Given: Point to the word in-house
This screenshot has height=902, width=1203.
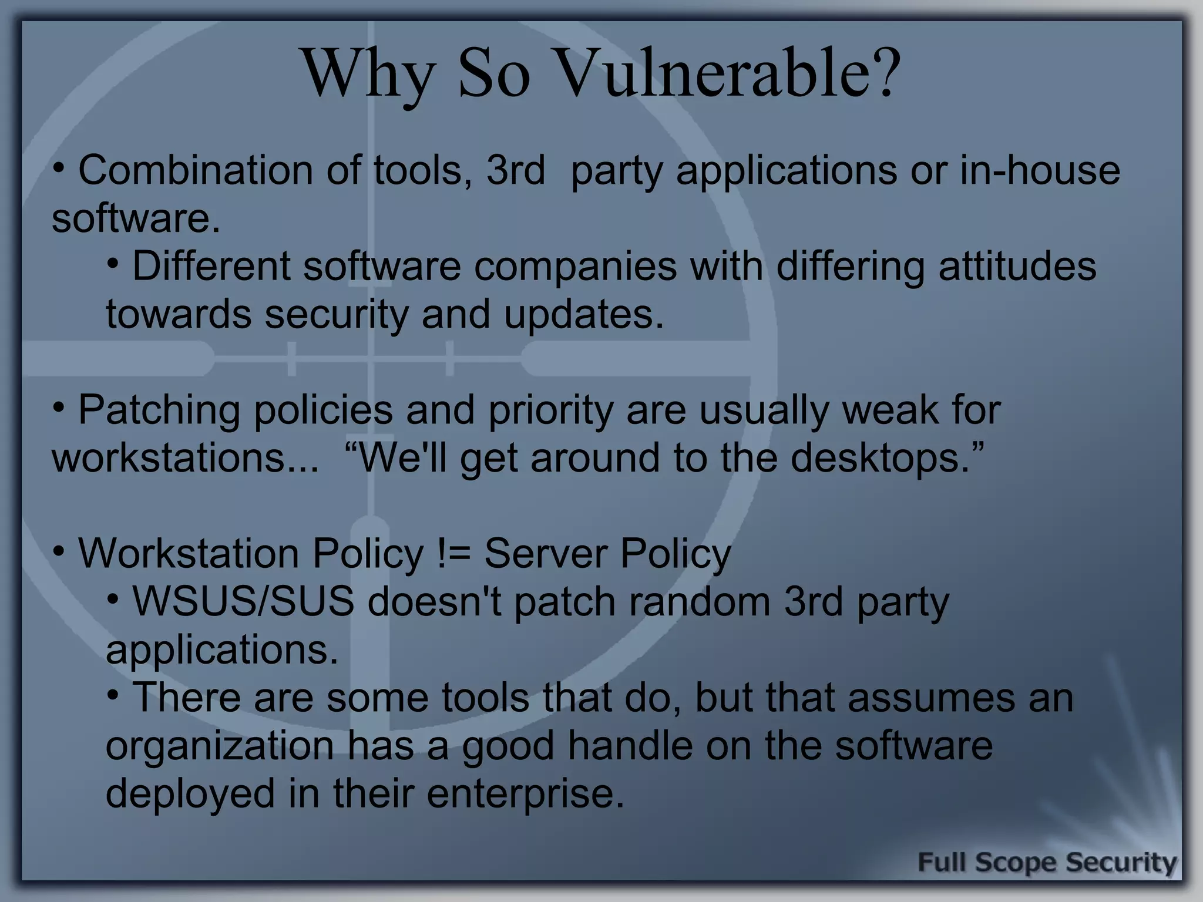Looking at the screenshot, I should tap(1040, 170).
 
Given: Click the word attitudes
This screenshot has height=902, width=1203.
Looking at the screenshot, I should tap(1017, 266).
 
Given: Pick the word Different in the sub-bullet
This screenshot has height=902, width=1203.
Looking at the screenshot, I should tap(211, 266).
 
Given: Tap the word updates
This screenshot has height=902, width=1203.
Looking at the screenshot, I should tap(583, 314).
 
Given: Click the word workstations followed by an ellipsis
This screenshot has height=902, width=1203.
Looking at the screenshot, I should tap(169, 459).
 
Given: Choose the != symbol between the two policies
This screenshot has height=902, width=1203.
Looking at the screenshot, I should tap(454, 554).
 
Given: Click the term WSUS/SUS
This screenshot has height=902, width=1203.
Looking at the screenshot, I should tap(243, 602).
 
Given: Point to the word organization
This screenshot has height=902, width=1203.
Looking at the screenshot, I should tap(220, 746).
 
